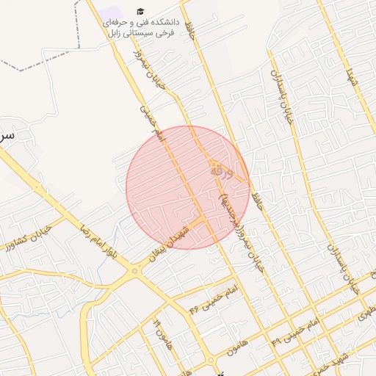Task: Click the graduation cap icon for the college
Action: [x=140, y=12]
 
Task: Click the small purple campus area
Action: [x=112, y=14]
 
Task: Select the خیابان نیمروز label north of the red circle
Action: [x=150, y=70]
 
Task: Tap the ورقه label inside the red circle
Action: [x=220, y=171]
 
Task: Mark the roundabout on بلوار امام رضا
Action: [x=134, y=272]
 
